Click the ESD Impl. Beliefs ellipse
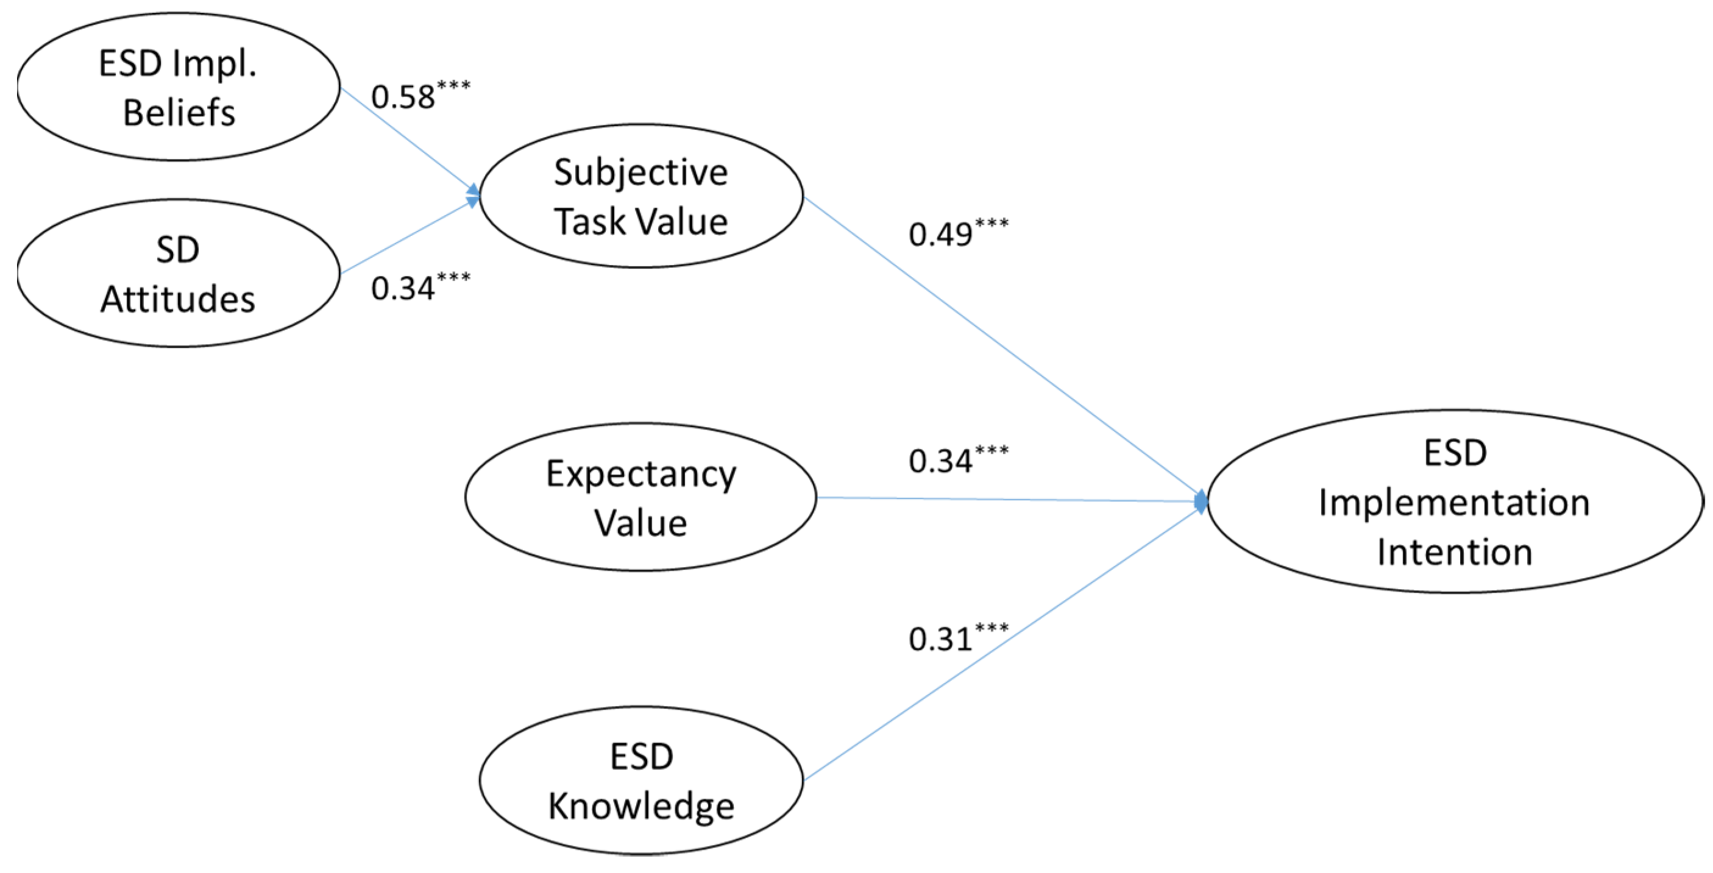178,87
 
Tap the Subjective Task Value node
641,196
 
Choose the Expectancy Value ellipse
641,497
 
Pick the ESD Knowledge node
641,780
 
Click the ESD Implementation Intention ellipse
1455,501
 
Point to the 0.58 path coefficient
403,97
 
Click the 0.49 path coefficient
941,235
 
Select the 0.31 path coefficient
941,639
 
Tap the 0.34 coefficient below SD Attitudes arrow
403,289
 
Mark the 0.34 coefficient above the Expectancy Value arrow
941,461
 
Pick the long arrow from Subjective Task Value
1004,348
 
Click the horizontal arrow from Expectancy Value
1011,500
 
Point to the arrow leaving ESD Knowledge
1004,640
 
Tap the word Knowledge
641,807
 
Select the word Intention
1455,552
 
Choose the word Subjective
641,173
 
